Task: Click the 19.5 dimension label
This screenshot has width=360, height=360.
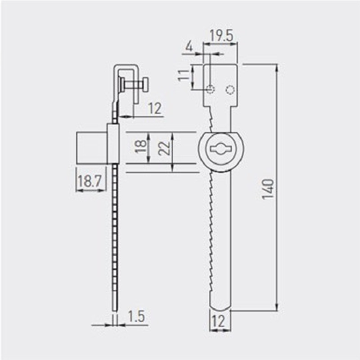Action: coord(221,36)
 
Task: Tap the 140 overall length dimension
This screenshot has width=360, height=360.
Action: coord(268,189)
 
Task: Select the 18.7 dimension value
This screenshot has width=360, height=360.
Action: coord(90,181)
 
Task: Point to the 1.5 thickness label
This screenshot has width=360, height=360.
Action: coord(136,316)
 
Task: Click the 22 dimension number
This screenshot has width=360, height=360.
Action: coord(165,148)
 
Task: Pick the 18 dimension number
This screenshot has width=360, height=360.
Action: coord(141,146)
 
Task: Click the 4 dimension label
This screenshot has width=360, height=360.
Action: coord(189,47)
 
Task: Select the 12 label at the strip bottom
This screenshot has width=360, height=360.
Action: coord(218,321)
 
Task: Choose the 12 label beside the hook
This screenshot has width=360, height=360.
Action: coord(155,108)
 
